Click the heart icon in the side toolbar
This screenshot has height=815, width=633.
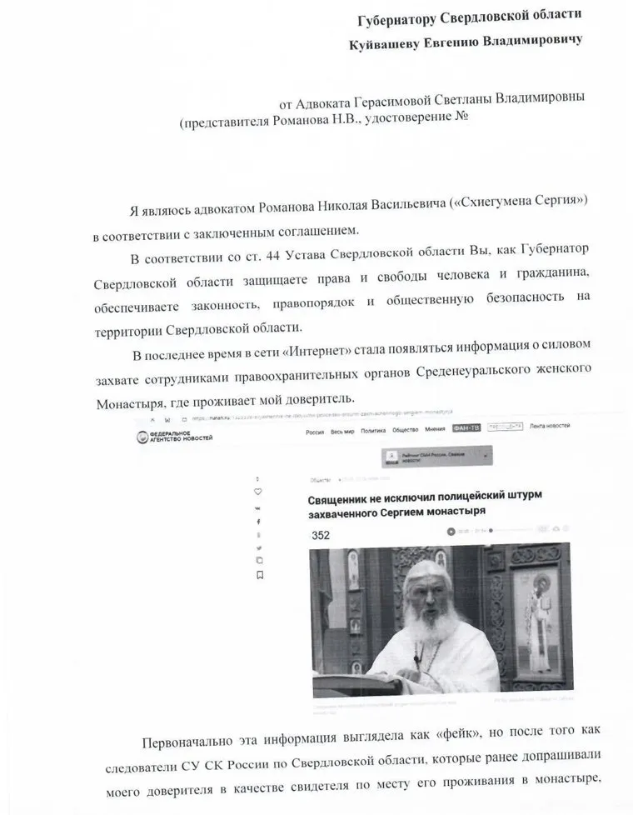tap(258, 492)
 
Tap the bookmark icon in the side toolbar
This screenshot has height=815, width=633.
tap(260, 575)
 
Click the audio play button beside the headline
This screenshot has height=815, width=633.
tap(451, 530)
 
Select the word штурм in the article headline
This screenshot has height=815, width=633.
tap(521, 495)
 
